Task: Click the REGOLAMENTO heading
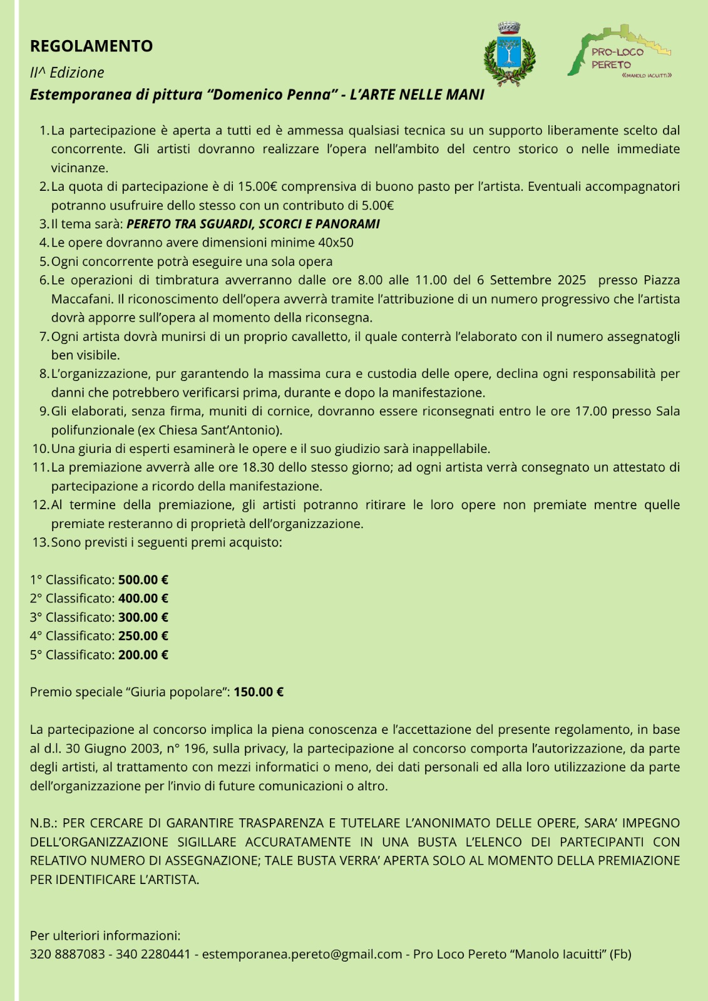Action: click(91, 46)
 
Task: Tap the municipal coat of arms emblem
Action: click(510, 54)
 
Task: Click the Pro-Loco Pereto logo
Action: click(619, 53)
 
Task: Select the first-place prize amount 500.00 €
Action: click(143, 580)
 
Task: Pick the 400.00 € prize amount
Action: click(143, 599)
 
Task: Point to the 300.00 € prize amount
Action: click(143, 617)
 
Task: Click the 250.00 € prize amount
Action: click(143, 636)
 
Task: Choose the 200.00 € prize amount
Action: click(143, 655)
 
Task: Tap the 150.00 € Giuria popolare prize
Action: click(259, 692)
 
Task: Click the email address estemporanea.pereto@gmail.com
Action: click(302, 954)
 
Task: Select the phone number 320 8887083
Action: click(68, 954)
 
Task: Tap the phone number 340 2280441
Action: click(153, 954)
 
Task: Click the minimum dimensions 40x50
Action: click(336, 243)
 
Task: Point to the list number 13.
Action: click(39, 542)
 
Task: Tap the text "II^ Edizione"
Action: click(67, 73)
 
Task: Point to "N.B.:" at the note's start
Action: click(43, 823)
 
